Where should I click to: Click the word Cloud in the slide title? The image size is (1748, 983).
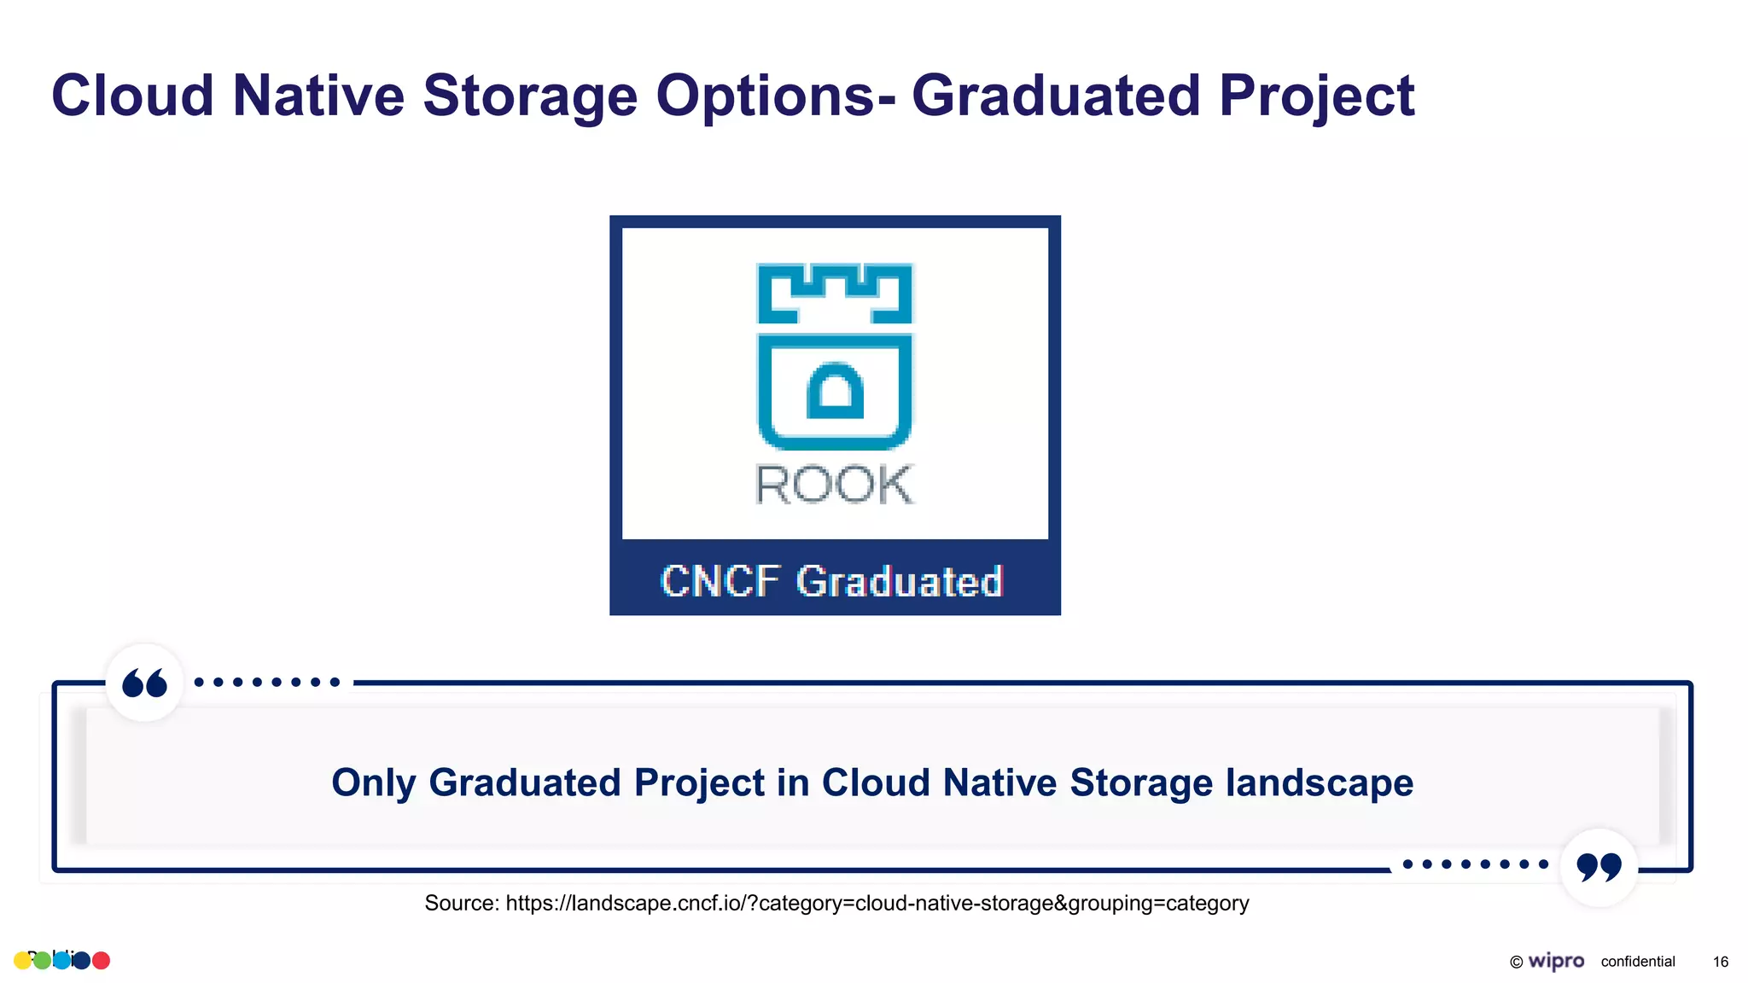(x=132, y=96)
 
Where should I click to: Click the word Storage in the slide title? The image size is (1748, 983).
(x=529, y=96)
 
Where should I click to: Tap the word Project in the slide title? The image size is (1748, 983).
(x=1316, y=96)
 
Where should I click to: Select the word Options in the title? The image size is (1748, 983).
(x=764, y=96)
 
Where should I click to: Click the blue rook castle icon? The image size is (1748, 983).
(x=835, y=356)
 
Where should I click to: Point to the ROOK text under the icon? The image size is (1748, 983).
(x=835, y=485)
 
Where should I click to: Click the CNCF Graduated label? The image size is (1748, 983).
(x=831, y=581)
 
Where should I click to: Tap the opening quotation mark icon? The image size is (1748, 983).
(x=144, y=683)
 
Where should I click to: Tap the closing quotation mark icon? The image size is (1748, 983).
(x=1599, y=867)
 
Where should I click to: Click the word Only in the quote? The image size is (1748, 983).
(x=373, y=782)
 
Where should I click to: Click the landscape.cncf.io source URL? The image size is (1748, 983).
(x=877, y=903)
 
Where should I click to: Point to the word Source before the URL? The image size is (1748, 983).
(x=460, y=903)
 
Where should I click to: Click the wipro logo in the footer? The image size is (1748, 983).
(x=1556, y=961)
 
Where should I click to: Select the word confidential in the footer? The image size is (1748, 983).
(x=1637, y=962)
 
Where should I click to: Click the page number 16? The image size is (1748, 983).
(x=1720, y=962)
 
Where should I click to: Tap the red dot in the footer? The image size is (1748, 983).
(x=101, y=961)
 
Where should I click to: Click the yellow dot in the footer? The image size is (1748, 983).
(x=22, y=961)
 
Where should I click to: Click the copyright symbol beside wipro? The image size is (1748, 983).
(x=1516, y=962)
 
